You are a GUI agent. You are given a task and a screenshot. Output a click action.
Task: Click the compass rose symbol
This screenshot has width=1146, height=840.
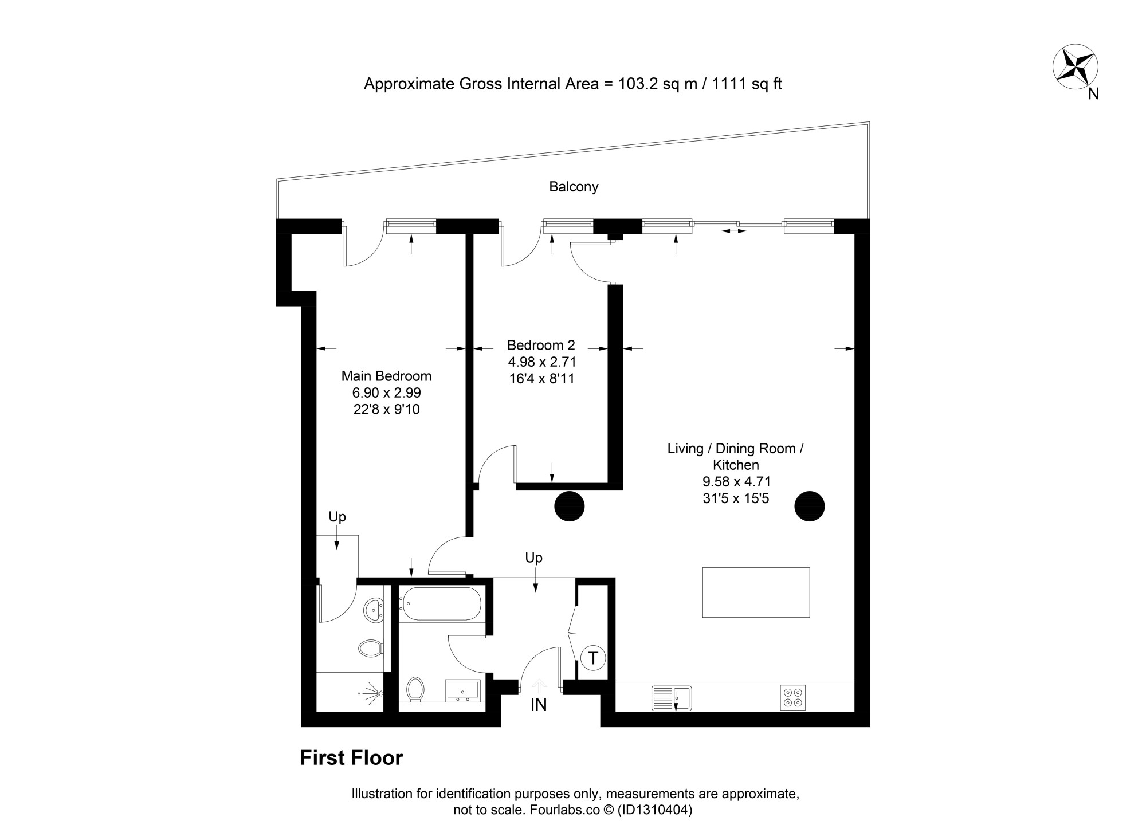[1076, 68]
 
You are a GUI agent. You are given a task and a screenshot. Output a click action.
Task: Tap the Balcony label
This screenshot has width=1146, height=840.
[574, 187]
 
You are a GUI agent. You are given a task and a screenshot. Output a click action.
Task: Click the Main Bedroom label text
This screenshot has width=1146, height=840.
[386, 376]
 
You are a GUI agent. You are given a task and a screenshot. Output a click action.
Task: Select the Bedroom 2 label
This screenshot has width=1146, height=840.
[541, 345]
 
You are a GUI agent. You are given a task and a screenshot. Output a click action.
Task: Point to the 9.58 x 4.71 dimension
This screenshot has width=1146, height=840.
[736, 482]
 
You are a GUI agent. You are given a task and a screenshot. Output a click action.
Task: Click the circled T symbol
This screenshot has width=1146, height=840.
[593, 658]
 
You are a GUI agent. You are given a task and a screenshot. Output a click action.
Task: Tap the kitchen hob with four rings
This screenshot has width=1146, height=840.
[793, 697]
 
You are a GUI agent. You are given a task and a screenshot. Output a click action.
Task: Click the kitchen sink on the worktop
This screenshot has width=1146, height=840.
[672, 698]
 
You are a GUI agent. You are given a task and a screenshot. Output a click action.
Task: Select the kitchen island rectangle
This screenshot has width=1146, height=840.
[756, 592]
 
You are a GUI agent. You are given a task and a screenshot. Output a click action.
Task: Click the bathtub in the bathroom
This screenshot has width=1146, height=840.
[440, 604]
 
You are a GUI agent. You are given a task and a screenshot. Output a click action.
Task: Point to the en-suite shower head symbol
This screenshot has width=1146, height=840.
[370, 693]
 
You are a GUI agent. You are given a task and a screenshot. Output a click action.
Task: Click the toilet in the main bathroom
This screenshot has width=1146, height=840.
[415, 689]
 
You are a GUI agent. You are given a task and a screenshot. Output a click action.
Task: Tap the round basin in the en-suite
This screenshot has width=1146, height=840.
[374, 609]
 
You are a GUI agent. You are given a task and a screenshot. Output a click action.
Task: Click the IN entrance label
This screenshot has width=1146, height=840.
[538, 705]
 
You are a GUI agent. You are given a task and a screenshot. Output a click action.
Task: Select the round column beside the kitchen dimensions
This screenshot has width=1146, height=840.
[809, 506]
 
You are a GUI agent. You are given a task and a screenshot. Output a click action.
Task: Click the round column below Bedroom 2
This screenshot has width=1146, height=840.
[569, 506]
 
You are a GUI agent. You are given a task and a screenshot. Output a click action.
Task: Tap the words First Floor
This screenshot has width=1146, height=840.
[351, 757]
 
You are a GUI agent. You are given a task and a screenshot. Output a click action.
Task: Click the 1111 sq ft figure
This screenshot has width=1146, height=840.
[747, 84]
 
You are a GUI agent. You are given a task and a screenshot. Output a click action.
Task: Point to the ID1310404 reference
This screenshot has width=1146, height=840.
[654, 810]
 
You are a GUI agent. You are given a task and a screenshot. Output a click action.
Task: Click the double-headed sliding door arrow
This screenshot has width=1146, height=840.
[734, 231]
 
